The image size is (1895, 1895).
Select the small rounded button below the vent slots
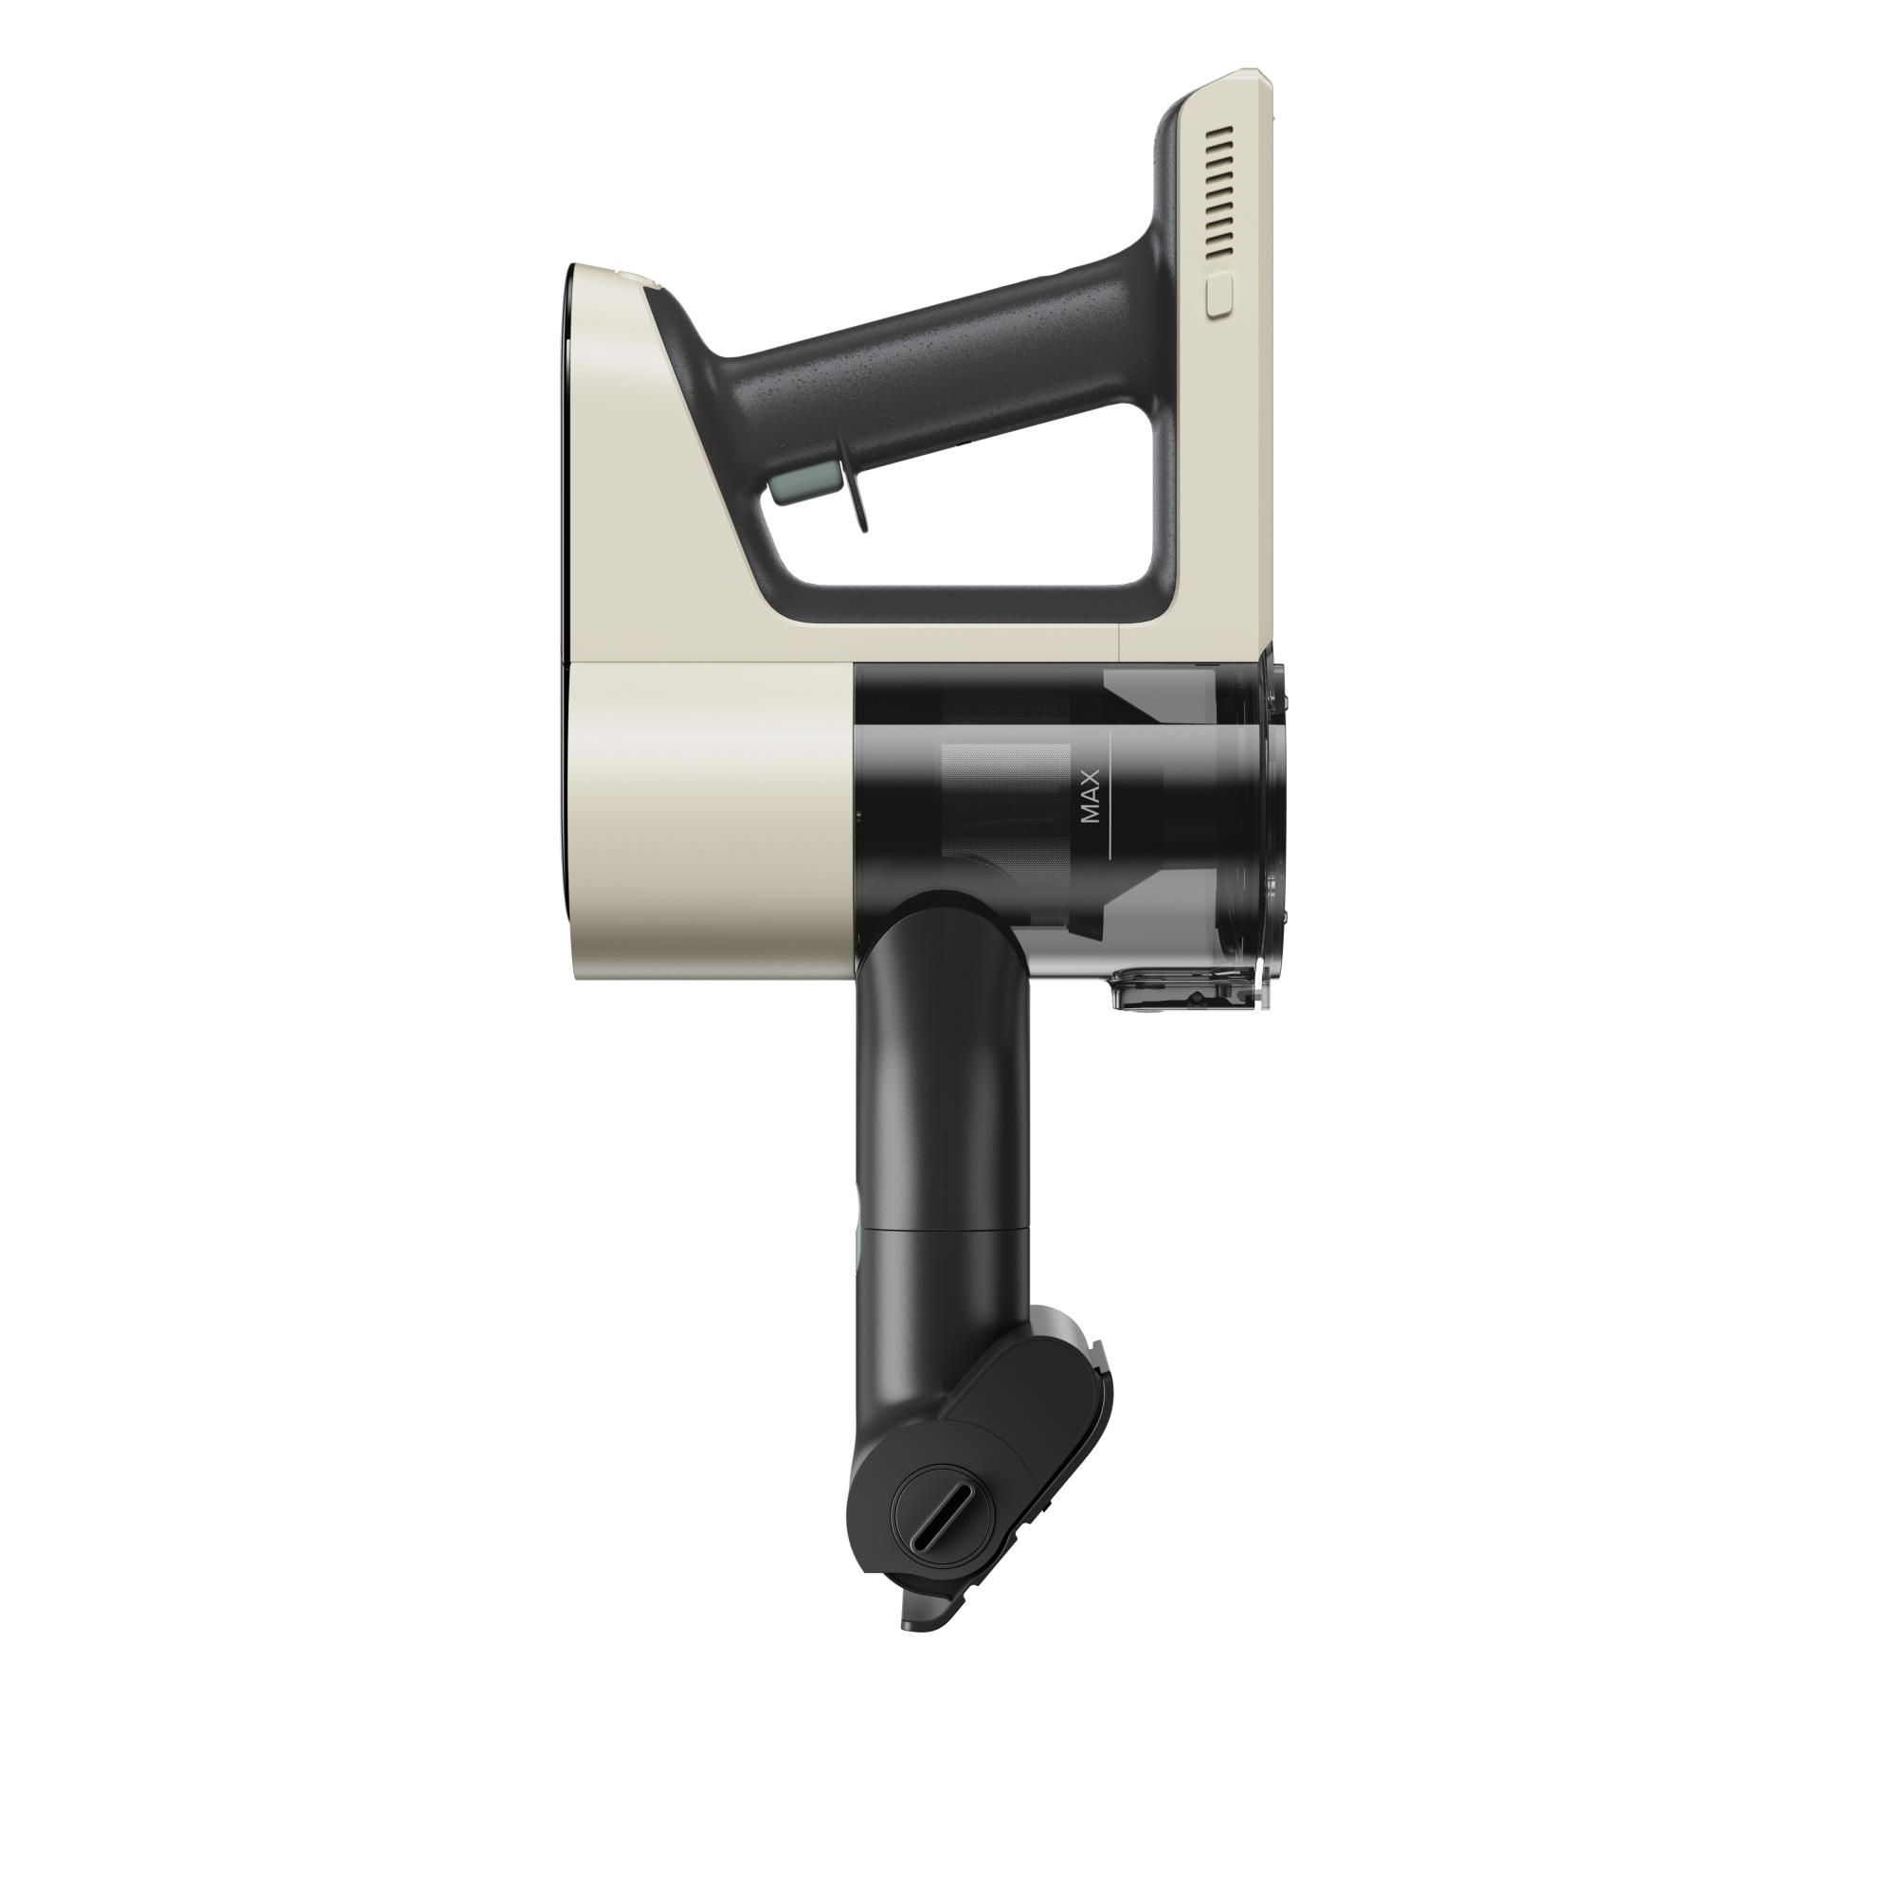click(x=1218, y=296)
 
